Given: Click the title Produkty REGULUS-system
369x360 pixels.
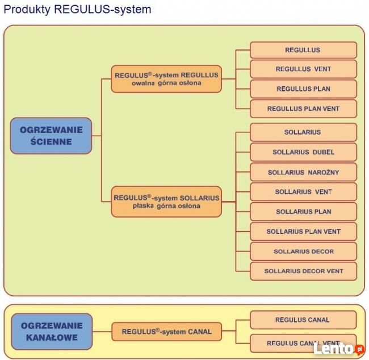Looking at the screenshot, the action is click(77, 10).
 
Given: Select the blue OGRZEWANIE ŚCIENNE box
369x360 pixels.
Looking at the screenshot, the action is click(51, 136).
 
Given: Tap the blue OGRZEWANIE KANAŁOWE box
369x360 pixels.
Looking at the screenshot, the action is click(52, 332).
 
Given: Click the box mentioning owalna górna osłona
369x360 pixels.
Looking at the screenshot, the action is click(166, 79).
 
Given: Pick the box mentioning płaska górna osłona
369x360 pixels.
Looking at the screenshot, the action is click(166, 202).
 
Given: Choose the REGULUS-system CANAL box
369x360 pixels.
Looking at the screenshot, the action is click(166, 332).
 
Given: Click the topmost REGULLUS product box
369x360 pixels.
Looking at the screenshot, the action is click(303, 50).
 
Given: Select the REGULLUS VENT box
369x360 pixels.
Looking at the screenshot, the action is click(303, 69).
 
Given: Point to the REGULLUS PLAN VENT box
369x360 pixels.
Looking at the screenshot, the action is click(303, 108).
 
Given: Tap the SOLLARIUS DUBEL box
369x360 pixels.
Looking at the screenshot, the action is click(303, 152).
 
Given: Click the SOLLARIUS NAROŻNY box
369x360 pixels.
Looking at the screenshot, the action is click(303, 172).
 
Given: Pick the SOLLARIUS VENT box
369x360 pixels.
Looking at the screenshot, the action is click(303, 192).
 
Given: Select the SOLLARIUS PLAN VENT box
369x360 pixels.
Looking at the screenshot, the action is click(303, 232).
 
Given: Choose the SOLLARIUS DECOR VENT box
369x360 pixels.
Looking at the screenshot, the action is click(303, 271).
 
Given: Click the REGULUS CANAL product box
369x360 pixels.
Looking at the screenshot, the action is click(303, 320).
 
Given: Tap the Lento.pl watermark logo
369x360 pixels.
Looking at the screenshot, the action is click(338, 349).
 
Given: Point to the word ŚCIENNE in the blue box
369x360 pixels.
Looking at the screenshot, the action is click(51, 141).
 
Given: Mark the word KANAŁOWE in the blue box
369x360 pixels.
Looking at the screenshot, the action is click(52, 337).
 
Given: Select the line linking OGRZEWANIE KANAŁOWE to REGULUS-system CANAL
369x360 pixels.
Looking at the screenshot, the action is click(102, 332).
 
